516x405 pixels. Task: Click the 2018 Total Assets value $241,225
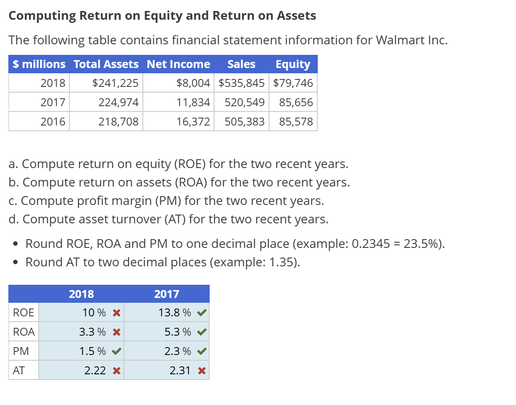point(115,82)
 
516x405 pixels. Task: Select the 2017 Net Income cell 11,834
point(193,103)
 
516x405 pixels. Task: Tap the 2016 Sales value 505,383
point(244,122)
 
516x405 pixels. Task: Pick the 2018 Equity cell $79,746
point(293,82)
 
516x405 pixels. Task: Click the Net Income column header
point(178,64)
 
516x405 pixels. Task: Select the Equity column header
point(293,64)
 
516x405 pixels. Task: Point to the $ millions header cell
point(39,64)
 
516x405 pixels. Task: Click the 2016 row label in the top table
point(53,122)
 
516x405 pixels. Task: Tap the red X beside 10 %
point(116,313)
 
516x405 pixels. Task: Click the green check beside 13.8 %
point(202,313)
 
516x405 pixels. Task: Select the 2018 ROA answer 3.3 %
point(92,332)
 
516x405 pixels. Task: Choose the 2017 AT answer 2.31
point(180,370)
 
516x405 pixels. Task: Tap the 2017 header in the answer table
point(167,294)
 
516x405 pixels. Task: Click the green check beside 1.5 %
point(116,351)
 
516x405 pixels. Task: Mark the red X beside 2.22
point(116,370)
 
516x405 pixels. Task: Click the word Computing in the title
point(42,16)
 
